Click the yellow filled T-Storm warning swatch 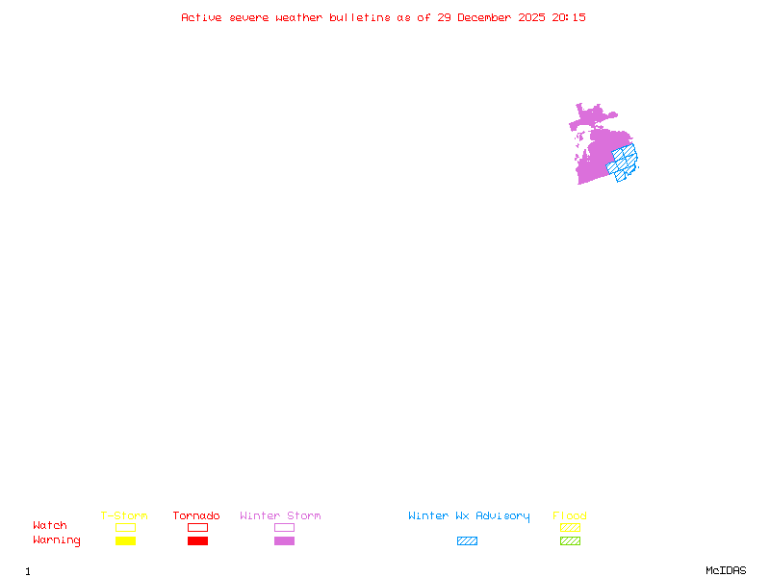click(125, 540)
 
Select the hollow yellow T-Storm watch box click(125, 527)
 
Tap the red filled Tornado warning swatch click(197, 540)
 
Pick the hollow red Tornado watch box click(197, 527)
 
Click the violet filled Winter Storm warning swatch click(284, 540)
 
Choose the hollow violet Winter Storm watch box click(284, 527)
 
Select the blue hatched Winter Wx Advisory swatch click(467, 540)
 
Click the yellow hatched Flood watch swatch click(570, 527)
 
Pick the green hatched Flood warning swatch click(570, 540)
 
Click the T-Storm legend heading click(124, 515)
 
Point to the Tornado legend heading click(196, 515)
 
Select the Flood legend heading click(570, 515)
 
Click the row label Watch click(50, 526)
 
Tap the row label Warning click(57, 540)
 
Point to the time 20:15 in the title click(569, 17)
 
